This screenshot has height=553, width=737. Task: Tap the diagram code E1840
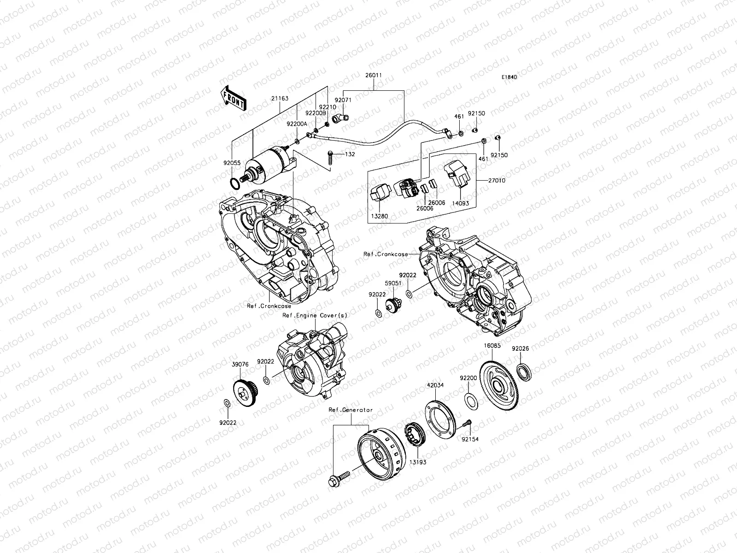coord(509,77)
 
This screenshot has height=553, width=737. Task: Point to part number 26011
coord(374,75)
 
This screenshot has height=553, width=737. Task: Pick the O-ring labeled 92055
coord(235,185)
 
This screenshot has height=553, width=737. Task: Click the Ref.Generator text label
coord(351,410)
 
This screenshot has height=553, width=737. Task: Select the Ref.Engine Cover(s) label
coord(315,315)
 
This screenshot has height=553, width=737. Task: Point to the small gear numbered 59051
coord(393,304)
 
